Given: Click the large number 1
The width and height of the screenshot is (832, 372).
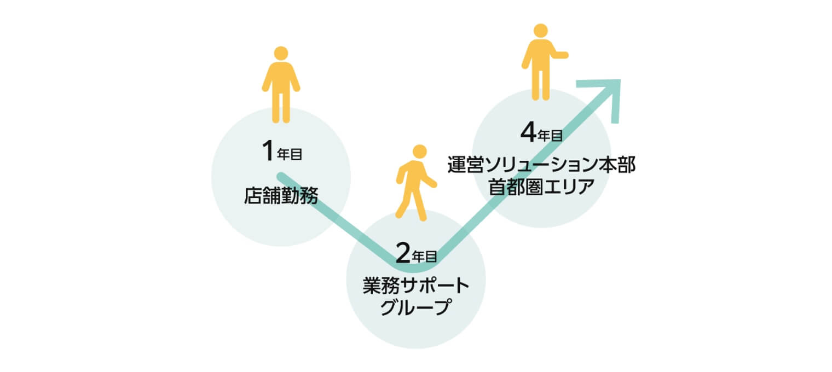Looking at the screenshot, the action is pyautogui.click(x=268, y=151).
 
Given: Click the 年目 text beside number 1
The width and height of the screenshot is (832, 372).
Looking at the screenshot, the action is pyautogui.click(x=290, y=154).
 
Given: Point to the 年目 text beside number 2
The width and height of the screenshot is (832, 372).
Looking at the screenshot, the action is pyautogui.click(x=425, y=257).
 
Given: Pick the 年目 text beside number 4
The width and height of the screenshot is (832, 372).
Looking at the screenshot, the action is pyautogui.click(x=550, y=136).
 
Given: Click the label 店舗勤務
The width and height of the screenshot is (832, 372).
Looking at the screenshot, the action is pyautogui.click(x=281, y=196).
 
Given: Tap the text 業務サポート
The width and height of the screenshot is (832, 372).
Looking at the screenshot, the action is pyautogui.click(x=416, y=286).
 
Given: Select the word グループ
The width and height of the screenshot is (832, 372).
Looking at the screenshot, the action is pyautogui.click(x=416, y=307).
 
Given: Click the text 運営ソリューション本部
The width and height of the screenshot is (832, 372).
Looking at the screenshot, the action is pyautogui.click(x=541, y=165).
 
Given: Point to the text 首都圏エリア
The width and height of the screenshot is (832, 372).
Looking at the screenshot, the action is pyautogui.click(x=541, y=187).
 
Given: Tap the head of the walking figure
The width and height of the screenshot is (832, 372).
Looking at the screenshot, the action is pyautogui.click(x=420, y=152).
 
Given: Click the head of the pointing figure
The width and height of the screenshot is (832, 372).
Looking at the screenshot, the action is pyautogui.click(x=540, y=31).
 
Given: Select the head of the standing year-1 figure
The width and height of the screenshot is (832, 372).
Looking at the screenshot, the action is pyautogui.click(x=281, y=54).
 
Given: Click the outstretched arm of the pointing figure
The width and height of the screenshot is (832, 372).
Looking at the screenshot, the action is pyautogui.click(x=559, y=55).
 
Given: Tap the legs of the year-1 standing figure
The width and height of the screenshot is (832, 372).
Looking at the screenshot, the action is pyautogui.click(x=281, y=108).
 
